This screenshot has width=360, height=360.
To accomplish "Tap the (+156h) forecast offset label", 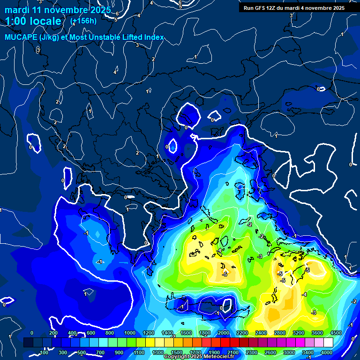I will pyautogui.click(x=83, y=21).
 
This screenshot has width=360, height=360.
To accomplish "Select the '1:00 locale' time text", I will pyautogui.click(x=33, y=21).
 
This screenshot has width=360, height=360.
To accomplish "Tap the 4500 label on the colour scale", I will pyautogui.click(x=336, y=333).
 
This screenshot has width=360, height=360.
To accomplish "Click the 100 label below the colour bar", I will pyautogui.click(x=45, y=352).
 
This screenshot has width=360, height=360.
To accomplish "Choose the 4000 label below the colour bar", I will pyautogui.click(x=327, y=352).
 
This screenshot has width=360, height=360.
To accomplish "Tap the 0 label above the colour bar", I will pyautogui.click(x=31, y=333).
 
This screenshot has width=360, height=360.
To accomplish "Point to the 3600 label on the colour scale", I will pyautogui.click(x=317, y=333).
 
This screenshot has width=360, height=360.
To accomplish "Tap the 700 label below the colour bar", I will pyautogui.click(x=100, y=352).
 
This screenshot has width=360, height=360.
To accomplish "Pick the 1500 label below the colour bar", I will pyautogui.click(x=177, y=352).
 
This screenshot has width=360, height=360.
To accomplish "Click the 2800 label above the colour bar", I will pyautogui.click(x=280, y=333).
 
